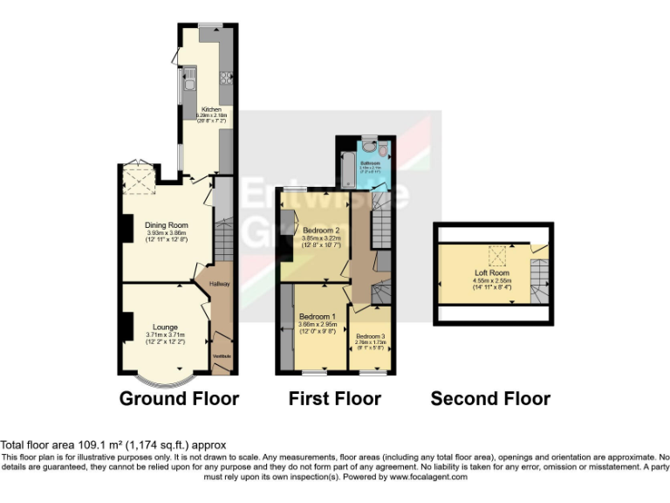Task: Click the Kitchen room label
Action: pos(212,110)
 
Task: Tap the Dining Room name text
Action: pos(166,225)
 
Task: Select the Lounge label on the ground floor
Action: pos(166,327)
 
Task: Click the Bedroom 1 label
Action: pos(318,316)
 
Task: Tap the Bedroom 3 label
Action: pos(369,336)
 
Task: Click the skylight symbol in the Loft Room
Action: pos(498,255)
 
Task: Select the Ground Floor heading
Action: pos(179,399)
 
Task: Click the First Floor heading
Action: pos(335,399)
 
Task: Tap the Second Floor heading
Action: pos(490,399)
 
